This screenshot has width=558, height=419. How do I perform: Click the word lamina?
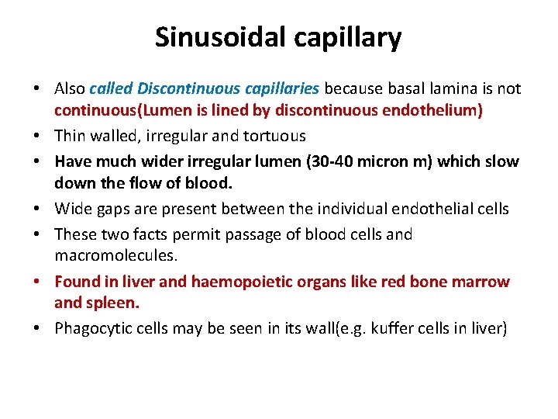pos(445,89)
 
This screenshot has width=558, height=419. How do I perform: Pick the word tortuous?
pos(276,136)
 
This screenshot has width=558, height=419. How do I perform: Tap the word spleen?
pos(112,303)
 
